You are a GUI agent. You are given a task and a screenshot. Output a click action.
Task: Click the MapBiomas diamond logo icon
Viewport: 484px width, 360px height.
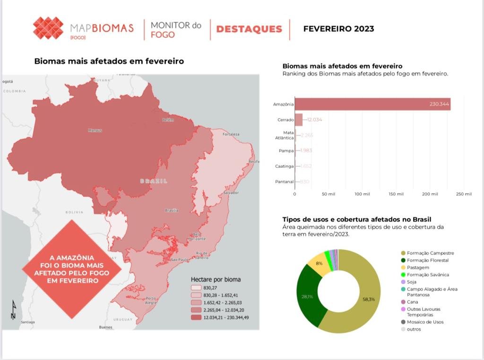point(48,28)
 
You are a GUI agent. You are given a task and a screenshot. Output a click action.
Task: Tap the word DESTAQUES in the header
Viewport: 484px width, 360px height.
point(249,29)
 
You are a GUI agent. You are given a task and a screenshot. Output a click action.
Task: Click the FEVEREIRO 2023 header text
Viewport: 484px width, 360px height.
point(338,29)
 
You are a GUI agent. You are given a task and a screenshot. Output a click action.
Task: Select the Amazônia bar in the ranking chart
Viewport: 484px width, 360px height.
point(372,104)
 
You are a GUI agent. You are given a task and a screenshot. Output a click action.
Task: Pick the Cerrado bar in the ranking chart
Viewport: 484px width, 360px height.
point(299,120)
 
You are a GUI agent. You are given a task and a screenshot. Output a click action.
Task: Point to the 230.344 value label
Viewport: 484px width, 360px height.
point(439,104)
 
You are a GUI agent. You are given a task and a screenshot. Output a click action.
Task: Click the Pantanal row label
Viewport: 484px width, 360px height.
point(284,181)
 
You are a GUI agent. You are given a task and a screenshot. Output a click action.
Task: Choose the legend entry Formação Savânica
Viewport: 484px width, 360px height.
point(427,274)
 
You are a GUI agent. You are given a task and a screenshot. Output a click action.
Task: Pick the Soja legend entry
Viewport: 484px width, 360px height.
point(411,282)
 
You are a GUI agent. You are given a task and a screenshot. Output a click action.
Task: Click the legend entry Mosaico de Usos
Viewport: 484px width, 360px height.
point(424,322)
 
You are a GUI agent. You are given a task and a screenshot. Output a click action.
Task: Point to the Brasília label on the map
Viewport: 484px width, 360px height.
point(172,210)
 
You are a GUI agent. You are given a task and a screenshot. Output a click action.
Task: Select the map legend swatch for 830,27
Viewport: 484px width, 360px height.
point(196,287)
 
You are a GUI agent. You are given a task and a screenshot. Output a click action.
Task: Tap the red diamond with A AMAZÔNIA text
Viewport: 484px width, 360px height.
point(71,269)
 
